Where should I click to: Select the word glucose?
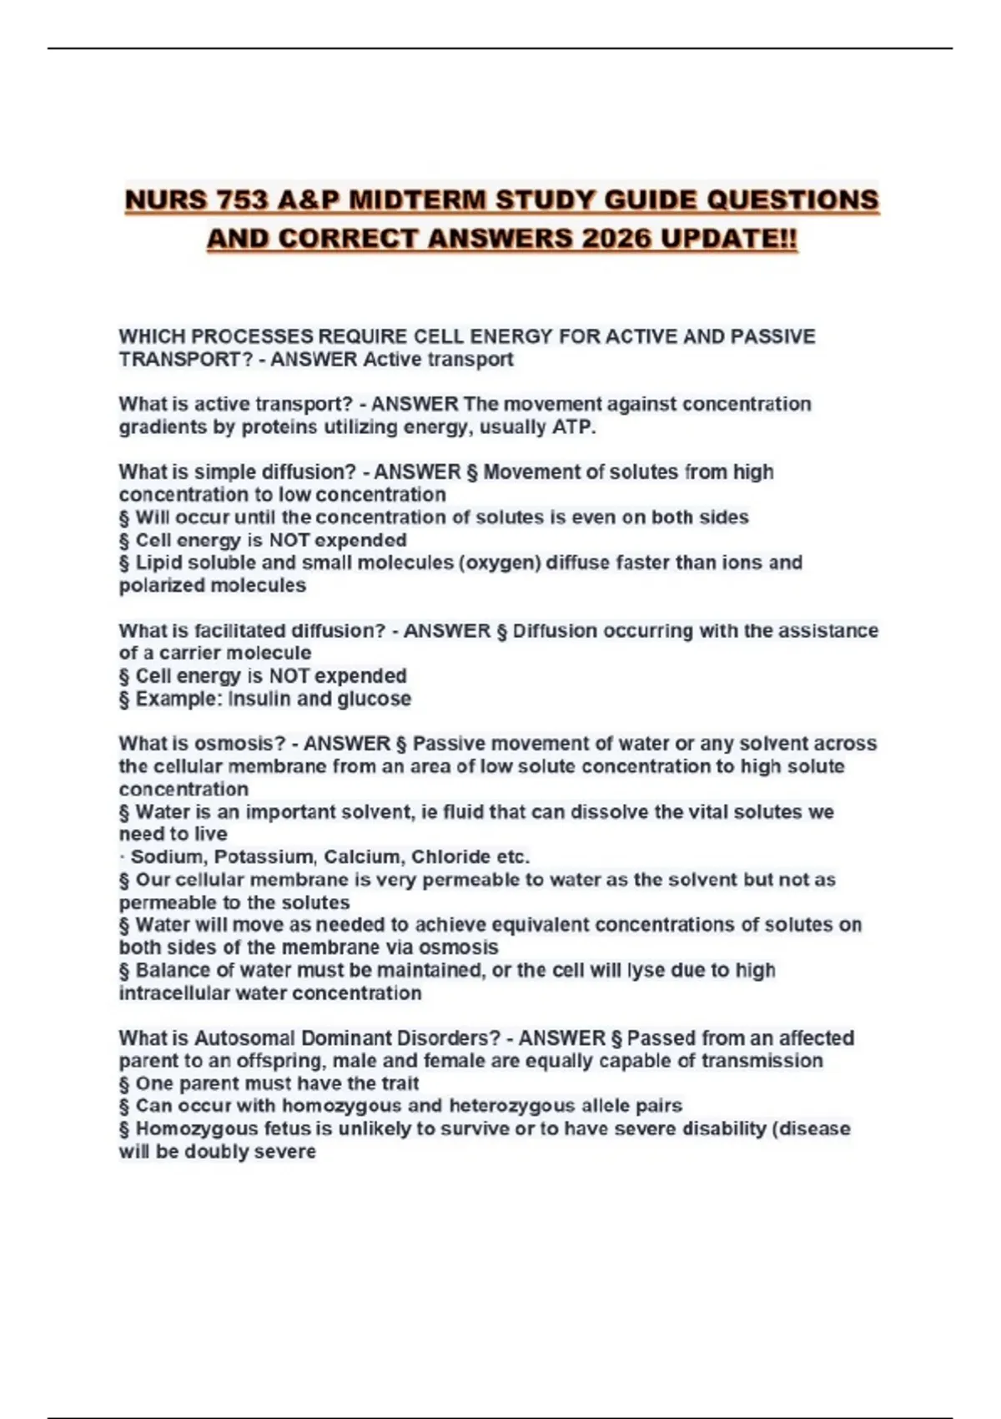click(x=375, y=699)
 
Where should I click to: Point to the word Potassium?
click(x=264, y=857)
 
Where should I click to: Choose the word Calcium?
click(x=362, y=857)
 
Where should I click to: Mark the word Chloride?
click(x=450, y=857)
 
